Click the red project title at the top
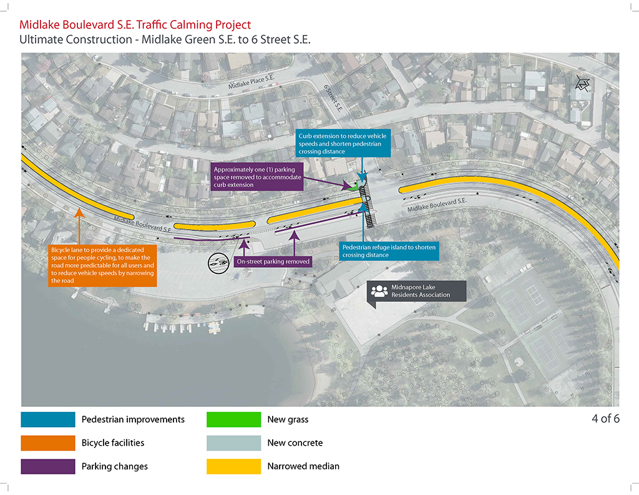click(135, 25)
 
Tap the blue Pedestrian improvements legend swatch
click(47, 419)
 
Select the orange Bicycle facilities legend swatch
click(47, 443)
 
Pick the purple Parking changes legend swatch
click(47, 466)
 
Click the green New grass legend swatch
click(233, 419)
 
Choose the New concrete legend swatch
click(233, 443)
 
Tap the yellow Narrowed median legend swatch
click(233, 466)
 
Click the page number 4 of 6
click(605, 418)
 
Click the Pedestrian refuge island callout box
click(388, 251)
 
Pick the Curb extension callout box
click(343, 144)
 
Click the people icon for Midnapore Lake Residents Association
click(379, 291)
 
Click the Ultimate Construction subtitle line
click(165, 40)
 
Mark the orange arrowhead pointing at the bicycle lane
click(79, 212)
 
